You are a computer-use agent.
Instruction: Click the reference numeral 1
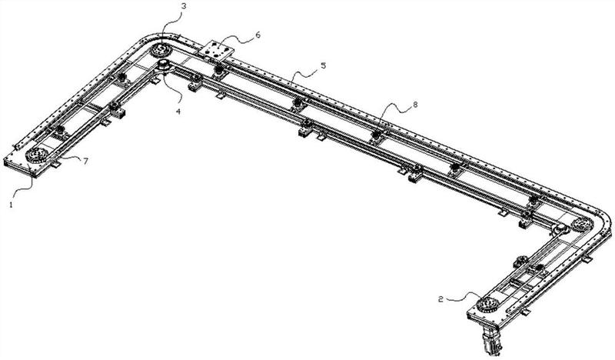(x=12, y=205)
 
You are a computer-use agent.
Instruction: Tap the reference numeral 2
(x=440, y=299)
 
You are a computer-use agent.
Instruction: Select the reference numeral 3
(x=184, y=5)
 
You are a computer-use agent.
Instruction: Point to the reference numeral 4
(x=178, y=111)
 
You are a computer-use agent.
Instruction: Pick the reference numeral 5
(x=323, y=65)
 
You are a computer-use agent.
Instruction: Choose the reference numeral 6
(x=258, y=35)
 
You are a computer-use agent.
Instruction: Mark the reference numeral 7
(x=85, y=161)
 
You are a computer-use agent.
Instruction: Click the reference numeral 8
(x=415, y=105)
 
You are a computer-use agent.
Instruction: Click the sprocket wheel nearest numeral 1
(x=37, y=155)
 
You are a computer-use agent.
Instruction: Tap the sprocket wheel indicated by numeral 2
(x=487, y=305)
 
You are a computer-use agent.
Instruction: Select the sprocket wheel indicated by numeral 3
(x=161, y=50)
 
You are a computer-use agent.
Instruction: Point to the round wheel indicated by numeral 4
(x=163, y=65)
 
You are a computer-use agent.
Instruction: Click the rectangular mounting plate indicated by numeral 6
(x=216, y=51)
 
